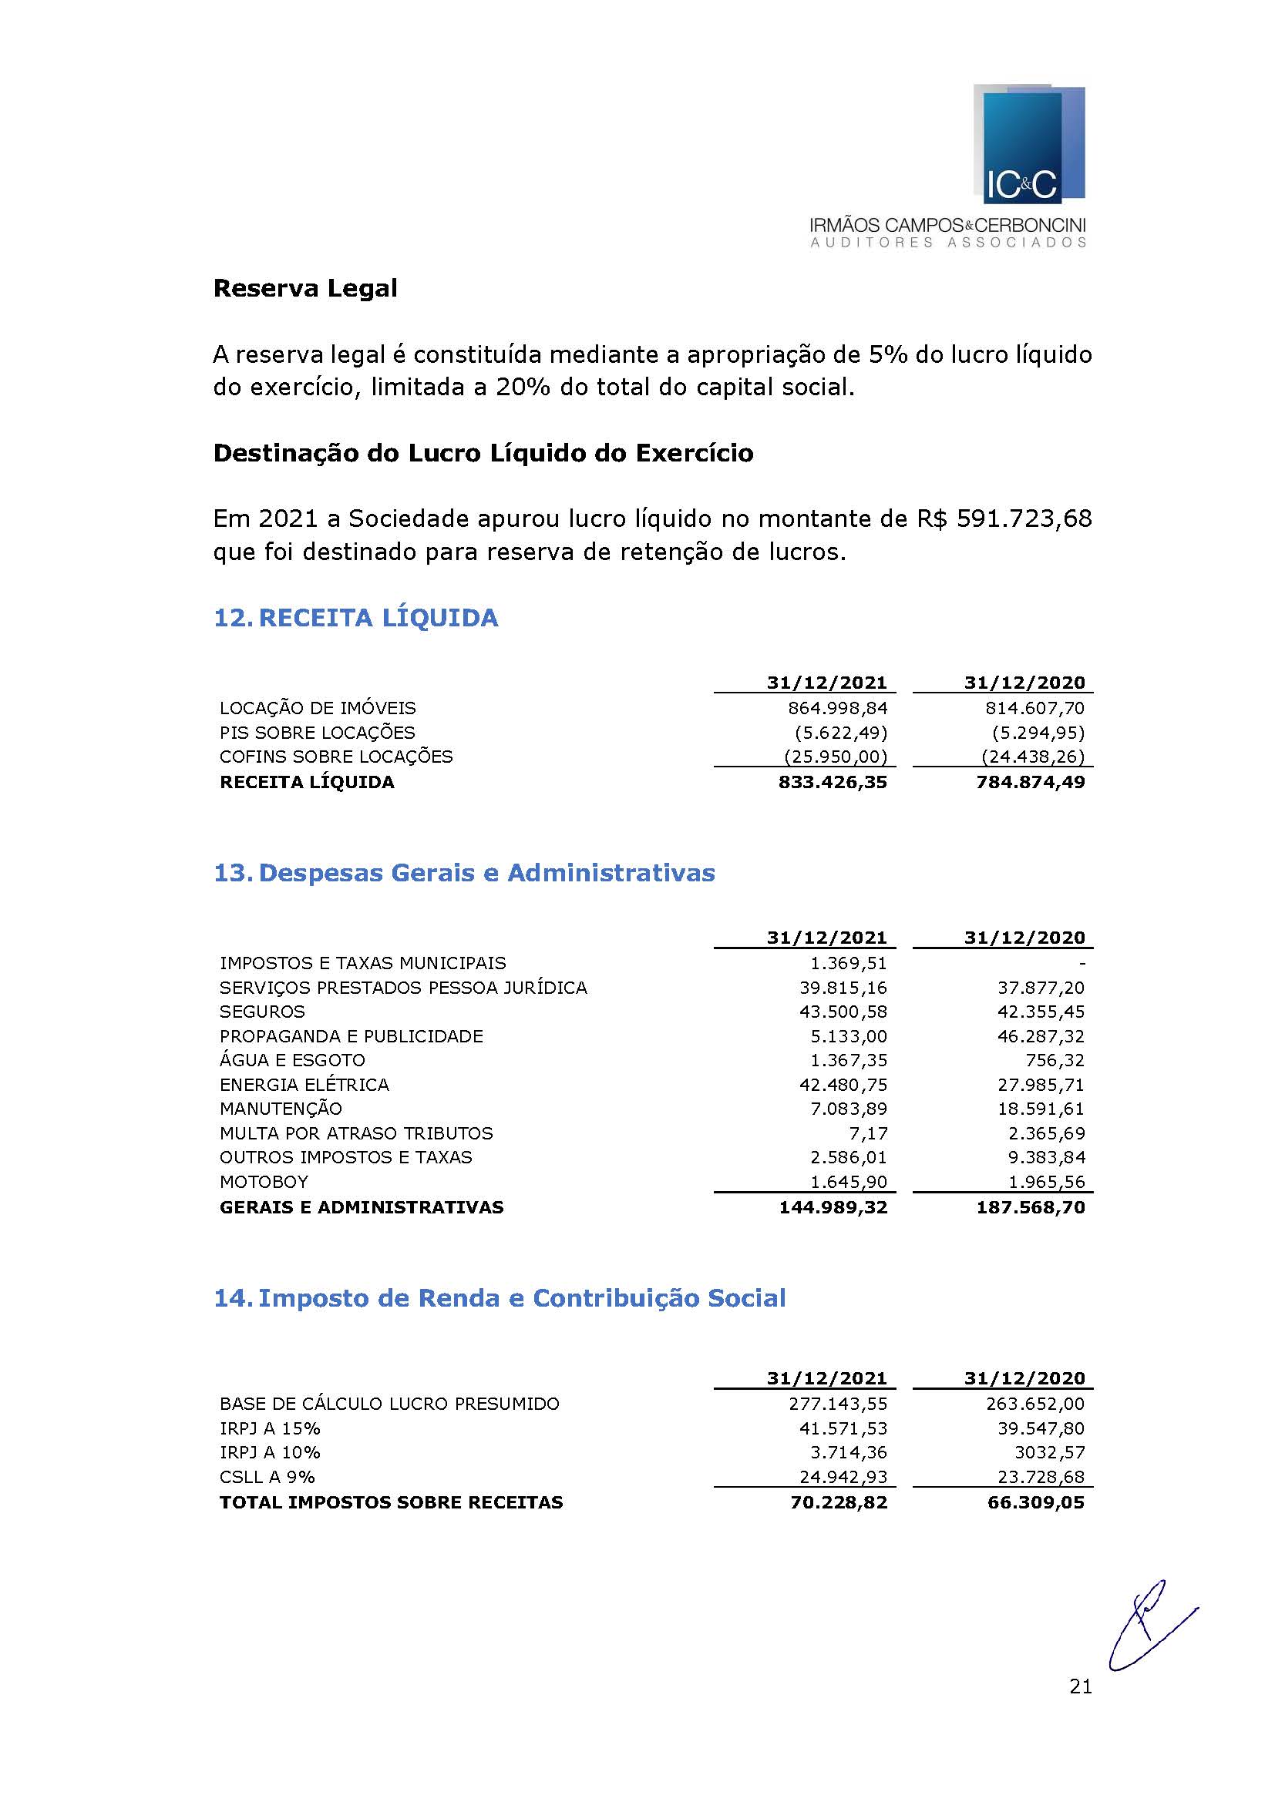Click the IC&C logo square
tap(1028, 145)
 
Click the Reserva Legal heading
tap(304, 289)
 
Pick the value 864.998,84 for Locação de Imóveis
tap(837, 708)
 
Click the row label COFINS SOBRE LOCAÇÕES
tap(336, 757)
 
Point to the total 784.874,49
tap(1030, 782)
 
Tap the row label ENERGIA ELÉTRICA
tap(304, 1085)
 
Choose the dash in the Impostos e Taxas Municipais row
tap(1081, 963)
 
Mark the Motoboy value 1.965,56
tap(1041, 1182)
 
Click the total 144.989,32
tap(833, 1207)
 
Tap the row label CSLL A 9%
tap(267, 1477)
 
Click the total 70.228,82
tap(839, 1502)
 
